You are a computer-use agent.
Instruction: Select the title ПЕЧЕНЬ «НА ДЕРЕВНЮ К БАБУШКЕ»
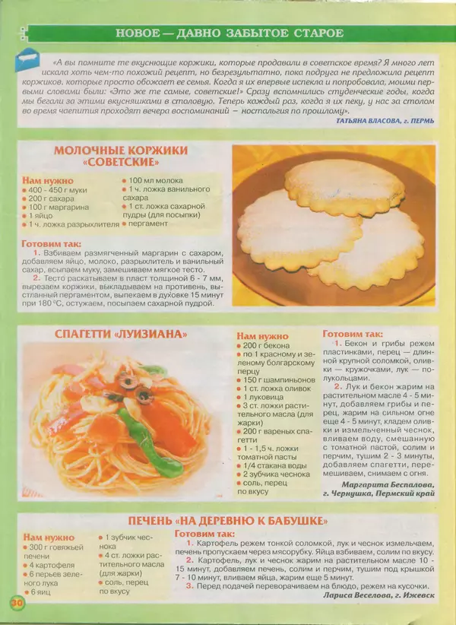(228, 521)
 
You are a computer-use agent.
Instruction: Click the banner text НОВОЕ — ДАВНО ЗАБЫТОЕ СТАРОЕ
(229, 33)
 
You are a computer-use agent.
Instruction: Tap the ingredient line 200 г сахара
(52, 198)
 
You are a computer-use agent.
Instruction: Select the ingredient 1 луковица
(266, 397)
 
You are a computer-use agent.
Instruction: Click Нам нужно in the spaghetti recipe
(262, 335)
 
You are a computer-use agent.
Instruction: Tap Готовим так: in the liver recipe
(204, 534)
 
